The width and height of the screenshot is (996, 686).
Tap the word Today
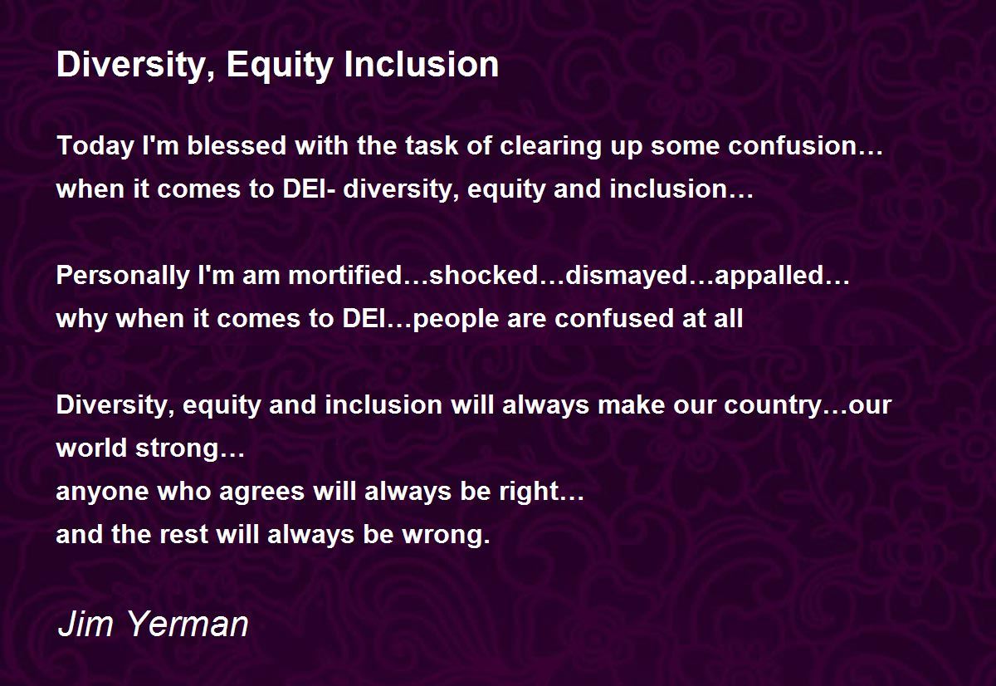pos(95,146)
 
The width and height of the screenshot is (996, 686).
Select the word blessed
pos(237,145)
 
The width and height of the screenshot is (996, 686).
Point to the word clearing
pos(550,146)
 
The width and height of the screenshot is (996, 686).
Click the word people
pos(456,320)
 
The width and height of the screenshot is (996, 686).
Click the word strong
pos(177,448)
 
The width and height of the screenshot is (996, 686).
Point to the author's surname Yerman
pos(188,625)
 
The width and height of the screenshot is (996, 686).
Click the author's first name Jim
pos(85,625)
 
